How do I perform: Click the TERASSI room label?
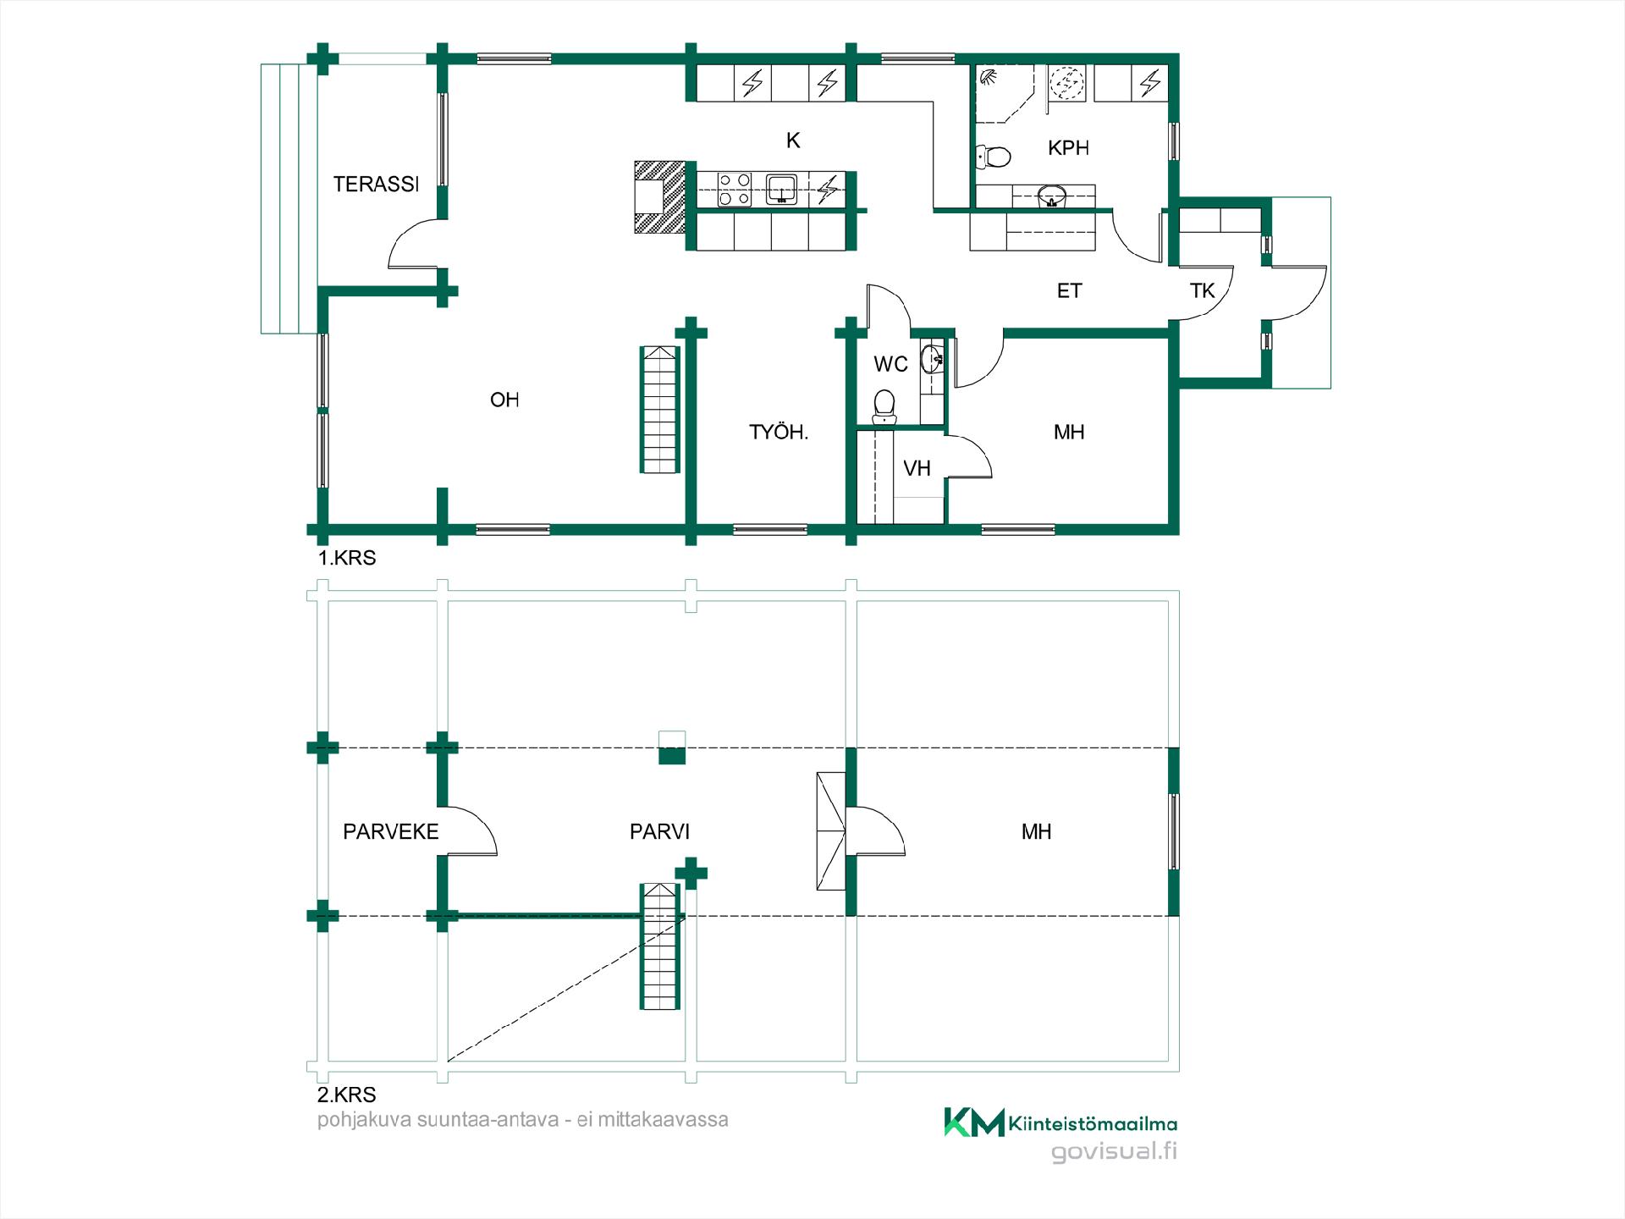click(x=376, y=184)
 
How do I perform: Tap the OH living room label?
click(x=504, y=400)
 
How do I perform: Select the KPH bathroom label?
click(x=1068, y=148)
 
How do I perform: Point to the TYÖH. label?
click(x=779, y=432)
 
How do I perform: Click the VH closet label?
click(x=917, y=468)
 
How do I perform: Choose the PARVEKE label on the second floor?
click(x=391, y=831)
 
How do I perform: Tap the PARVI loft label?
click(x=659, y=831)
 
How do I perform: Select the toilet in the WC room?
click(x=884, y=406)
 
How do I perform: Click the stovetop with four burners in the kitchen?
click(x=734, y=190)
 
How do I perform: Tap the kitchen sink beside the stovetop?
click(x=781, y=190)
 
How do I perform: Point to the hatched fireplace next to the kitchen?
click(x=659, y=197)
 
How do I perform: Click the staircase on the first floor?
click(x=659, y=409)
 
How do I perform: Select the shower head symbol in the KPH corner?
click(x=988, y=77)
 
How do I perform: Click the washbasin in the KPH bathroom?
click(x=1051, y=196)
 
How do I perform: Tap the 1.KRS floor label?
click(x=347, y=558)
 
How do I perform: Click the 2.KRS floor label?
click(x=347, y=1095)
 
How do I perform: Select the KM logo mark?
click(x=974, y=1122)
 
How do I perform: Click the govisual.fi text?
click(x=1114, y=1152)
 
